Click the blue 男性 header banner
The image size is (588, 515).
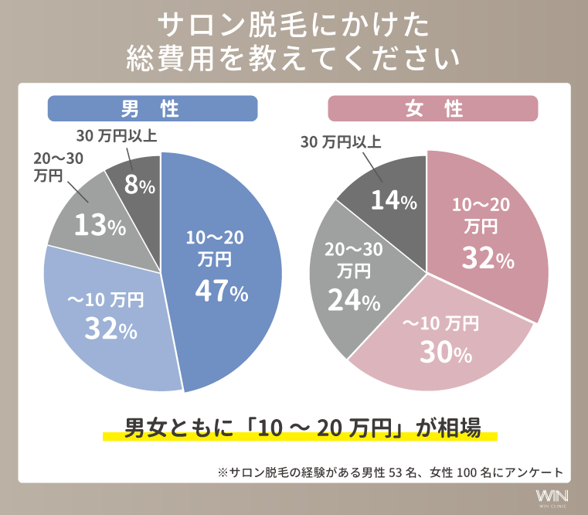coord(152,109)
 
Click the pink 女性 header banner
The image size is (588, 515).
coord(433,109)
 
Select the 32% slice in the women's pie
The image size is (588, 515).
coord(487,232)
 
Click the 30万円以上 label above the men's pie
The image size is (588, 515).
coord(117,136)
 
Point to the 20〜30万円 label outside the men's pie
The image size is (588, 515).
coord(58,166)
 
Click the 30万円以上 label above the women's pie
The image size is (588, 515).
coord(340,142)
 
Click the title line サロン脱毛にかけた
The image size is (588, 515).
coord(293,25)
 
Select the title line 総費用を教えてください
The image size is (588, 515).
coord(293,58)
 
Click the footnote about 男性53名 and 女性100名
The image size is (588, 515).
coord(391,471)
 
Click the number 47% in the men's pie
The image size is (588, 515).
coord(221,292)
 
